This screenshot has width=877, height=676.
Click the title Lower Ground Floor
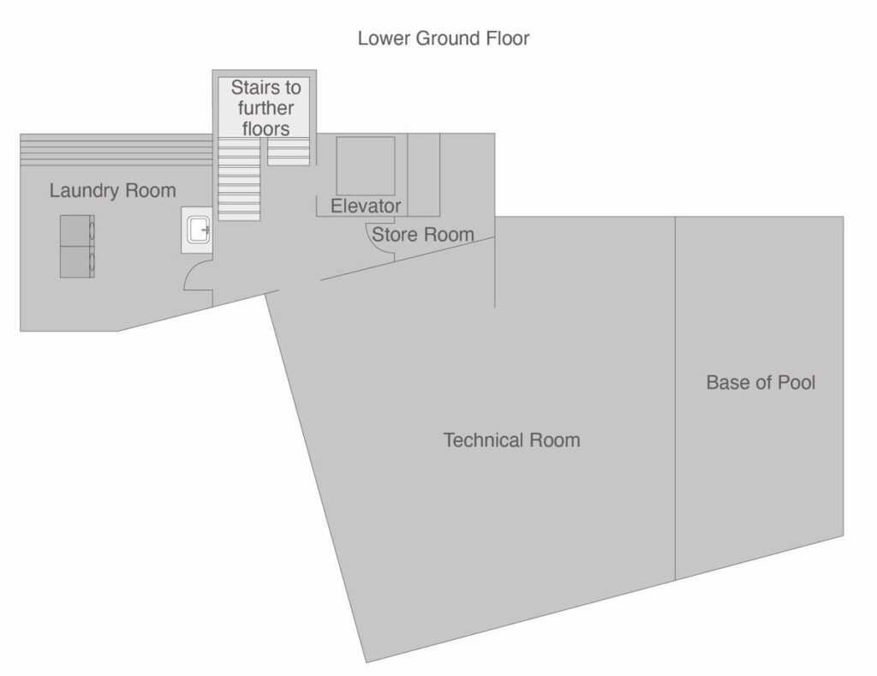coord(444,38)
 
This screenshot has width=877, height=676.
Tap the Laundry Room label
coord(112,190)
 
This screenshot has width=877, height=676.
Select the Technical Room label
coord(512,440)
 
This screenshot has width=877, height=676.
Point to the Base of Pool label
coord(761,382)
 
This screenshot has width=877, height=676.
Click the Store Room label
coord(423,235)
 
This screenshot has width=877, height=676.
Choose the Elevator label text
coord(366,206)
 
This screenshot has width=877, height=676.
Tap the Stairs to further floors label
coord(265,108)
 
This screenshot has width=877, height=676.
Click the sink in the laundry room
coord(197,230)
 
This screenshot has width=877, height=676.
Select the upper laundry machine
coord(77,230)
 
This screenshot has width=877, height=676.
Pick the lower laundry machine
coord(77,262)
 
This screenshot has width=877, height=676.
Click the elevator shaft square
coord(366,166)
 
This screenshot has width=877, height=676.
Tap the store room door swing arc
coord(380,238)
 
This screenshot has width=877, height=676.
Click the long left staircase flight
coord(239,179)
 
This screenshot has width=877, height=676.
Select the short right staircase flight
coord(289,152)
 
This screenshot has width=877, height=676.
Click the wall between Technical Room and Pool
coord(675,398)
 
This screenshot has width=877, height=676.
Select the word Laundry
coord(85,190)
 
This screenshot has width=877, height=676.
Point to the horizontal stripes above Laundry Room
coord(116,150)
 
